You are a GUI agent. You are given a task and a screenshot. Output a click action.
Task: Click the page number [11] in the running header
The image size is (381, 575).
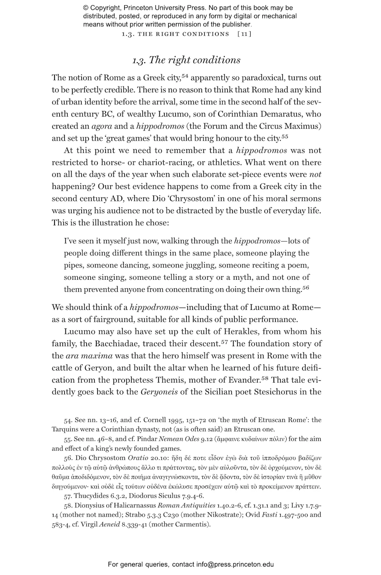[244, 34]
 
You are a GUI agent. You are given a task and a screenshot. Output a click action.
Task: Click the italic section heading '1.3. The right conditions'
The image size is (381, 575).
[186, 60]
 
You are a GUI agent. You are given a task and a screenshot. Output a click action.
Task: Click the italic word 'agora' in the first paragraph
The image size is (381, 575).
[102, 126]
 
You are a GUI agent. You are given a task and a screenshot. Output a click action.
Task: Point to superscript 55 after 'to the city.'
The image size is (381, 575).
[285, 136]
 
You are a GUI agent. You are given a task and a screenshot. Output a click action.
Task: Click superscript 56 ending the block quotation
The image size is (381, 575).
[306, 287]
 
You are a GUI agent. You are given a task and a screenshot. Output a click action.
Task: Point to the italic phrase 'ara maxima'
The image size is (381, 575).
[89, 356]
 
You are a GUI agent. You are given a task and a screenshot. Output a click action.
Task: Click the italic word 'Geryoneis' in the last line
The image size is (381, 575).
[159, 392]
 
